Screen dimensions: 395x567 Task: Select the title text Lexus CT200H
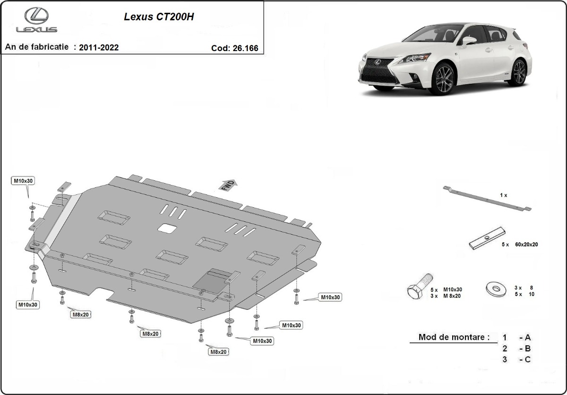pos(159,17)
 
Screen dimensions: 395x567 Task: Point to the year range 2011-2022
pos(99,47)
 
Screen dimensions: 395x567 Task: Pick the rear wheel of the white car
pos(518,72)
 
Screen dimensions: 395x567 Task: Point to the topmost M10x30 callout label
pos(23,181)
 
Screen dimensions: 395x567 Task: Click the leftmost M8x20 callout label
pos(81,314)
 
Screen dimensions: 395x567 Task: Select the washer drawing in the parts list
pos(494,288)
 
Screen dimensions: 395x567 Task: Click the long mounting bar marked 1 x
pos(487,199)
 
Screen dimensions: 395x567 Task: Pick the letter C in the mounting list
pos(527,360)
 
